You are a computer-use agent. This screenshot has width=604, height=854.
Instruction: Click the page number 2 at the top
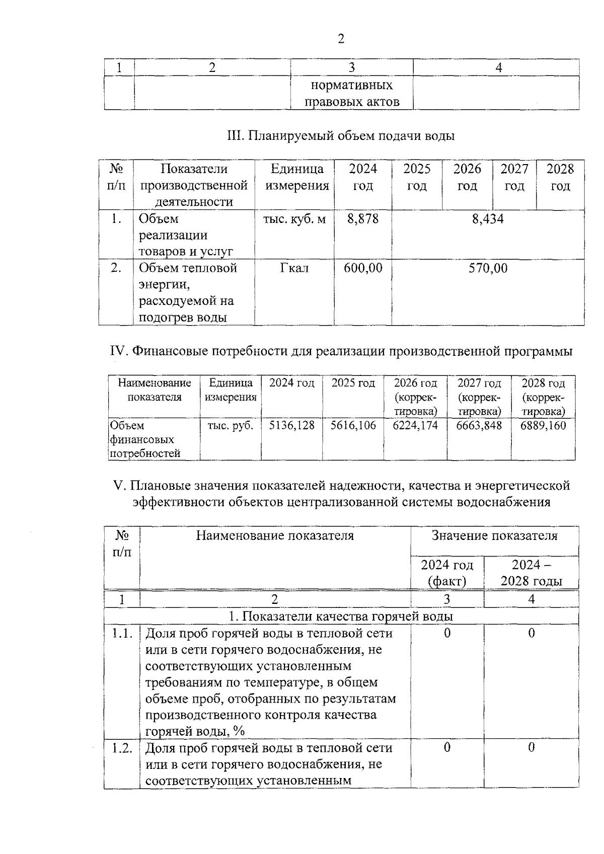tap(341, 39)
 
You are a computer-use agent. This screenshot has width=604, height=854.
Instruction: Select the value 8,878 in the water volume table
tap(363, 219)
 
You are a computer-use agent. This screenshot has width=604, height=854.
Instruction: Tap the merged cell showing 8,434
tap(487, 219)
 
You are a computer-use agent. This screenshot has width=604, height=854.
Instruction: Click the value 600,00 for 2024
tap(363, 268)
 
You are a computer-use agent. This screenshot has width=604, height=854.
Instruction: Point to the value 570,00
tap(487, 268)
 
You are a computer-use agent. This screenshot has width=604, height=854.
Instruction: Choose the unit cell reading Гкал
tap(294, 268)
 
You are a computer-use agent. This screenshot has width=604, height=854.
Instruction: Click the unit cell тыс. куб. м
tap(294, 219)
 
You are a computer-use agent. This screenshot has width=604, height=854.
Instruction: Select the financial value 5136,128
tap(291, 426)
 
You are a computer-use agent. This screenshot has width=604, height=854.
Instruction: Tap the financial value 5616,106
tap(353, 426)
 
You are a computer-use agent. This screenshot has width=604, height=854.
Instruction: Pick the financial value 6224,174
tap(415, 426)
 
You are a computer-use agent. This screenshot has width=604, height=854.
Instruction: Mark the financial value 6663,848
tap(479, 426)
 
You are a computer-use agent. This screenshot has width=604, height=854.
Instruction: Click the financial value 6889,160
tap(543, 426)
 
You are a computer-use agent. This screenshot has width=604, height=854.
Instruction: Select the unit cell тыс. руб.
tap(230, 426)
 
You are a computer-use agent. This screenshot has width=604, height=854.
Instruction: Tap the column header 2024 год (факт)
tap(447, 573)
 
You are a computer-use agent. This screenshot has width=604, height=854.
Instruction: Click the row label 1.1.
tap(122, 633)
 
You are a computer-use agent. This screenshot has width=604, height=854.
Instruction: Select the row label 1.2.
tap(122, 748)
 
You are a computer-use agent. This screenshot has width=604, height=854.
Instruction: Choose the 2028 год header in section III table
tap(560, 177)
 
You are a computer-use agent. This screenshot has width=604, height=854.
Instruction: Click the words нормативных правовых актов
tap(351, 93)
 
